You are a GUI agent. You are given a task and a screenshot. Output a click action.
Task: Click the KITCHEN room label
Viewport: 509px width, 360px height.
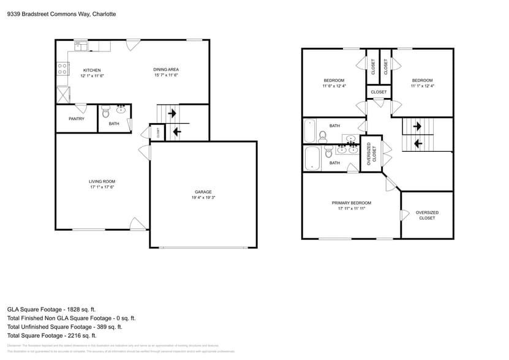click(92, 70)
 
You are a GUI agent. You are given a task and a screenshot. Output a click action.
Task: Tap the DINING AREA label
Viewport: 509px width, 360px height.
click(165, 70)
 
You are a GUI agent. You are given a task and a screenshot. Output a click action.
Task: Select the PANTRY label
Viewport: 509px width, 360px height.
click(77, 119)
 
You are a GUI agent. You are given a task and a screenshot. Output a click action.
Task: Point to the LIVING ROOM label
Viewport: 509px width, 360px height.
click(102, 181)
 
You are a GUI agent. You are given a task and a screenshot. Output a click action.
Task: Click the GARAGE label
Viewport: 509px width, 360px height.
click(204, 192)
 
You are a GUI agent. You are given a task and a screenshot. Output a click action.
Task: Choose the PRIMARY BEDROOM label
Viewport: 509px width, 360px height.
click(351, 203)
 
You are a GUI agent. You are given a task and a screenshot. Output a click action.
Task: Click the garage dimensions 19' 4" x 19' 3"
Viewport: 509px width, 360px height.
click(204, 198)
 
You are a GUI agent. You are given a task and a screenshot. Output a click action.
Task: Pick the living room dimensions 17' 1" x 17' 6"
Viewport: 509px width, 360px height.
click(102, 187)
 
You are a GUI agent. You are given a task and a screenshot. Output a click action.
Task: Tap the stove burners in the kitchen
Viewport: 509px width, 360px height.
click(62, 69)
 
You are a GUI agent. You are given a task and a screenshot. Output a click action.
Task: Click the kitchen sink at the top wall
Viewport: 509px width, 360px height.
click(80, 46)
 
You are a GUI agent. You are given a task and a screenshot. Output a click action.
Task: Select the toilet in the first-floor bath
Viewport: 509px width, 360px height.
click(105, 112)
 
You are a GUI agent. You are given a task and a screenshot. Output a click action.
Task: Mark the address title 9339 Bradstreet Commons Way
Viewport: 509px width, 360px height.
click(61, 13)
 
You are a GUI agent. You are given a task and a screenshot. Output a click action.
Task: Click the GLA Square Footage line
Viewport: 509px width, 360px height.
click(51, 310)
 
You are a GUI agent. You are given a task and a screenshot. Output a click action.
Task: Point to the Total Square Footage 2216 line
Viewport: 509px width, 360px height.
click(52, 336)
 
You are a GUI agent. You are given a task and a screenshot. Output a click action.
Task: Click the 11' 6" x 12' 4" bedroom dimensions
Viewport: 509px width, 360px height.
click(334, 86)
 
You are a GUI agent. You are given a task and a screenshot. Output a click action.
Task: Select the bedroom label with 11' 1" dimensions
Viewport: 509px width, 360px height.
click(422, 81)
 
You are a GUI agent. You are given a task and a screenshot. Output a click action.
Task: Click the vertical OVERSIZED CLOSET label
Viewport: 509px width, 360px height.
click(369, 154)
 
